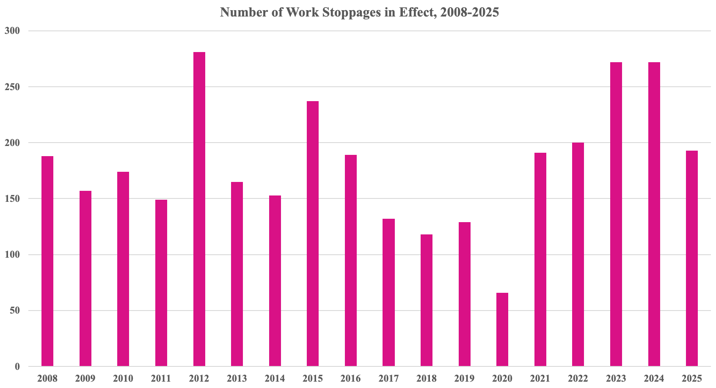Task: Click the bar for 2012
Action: click(199, 209)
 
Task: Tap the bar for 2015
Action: click(313, 234)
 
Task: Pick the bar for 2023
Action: click(616, 214)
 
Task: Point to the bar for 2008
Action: click(47, 261)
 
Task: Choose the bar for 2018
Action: click(427, 300)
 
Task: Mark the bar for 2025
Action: click(692, 258)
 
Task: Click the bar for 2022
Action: click(578, 254)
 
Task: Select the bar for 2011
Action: click(161, 283)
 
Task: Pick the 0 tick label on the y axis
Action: click(17, 366)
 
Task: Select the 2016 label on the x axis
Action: click(351, 378)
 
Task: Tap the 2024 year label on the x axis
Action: click(654, 378)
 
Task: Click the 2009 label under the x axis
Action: click(85, 378)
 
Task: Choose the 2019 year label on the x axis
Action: click(464, 378)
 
